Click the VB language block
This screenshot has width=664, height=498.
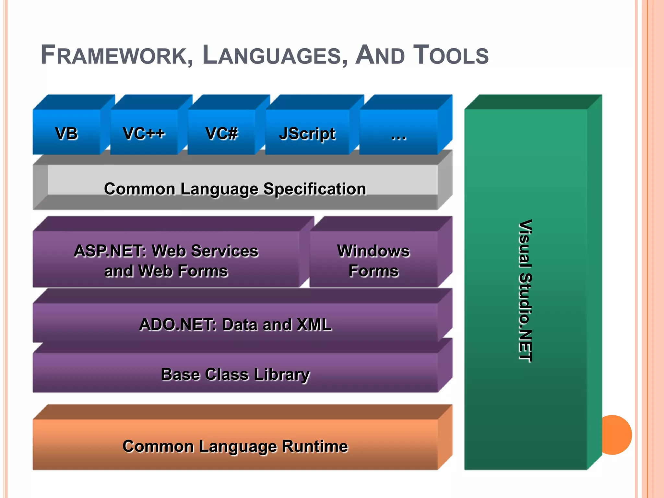[66, 133]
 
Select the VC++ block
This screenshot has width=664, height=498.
[144, 133]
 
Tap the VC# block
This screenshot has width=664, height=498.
[221, 133]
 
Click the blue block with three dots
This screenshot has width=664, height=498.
[398, 133]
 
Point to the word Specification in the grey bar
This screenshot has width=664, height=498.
[314, 189]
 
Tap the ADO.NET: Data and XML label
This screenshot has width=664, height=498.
[235, 325]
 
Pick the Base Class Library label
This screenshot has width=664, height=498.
[235, 374]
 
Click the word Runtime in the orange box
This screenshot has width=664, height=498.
[314, 446]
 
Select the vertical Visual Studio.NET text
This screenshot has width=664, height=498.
[525, 290]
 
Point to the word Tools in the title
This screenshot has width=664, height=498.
[451, 55]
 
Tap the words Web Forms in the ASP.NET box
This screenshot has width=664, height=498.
[183, 271]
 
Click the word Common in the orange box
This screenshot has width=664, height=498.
[158, 446]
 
